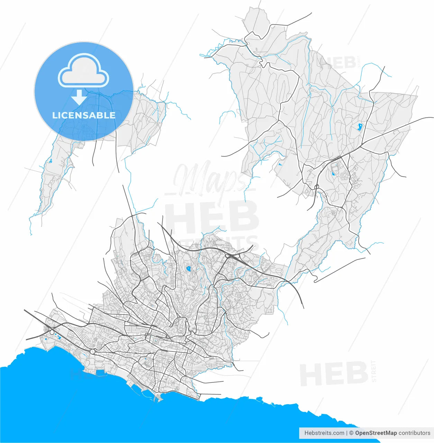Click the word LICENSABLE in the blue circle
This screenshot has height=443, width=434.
click(84, 115)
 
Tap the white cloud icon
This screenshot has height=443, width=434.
click(83, 71)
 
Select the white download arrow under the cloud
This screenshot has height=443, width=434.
click(80, 97)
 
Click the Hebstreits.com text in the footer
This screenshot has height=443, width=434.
click(324, 433)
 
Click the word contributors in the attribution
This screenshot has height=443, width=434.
click(414, 433)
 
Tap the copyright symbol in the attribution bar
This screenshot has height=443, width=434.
click(351, 433)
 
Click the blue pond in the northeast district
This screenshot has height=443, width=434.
click(360, 127)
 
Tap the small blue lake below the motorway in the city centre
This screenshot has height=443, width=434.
click(188, 268)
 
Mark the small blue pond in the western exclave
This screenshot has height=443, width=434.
click(50, 161)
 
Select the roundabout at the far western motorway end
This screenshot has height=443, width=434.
click(52, 332)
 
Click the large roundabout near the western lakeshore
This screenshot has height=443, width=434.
click(93, 351)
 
